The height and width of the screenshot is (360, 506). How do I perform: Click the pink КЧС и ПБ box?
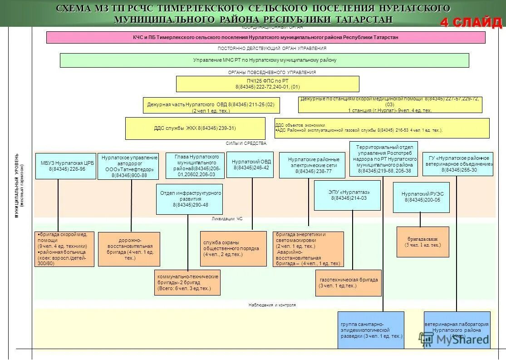pos(265,37)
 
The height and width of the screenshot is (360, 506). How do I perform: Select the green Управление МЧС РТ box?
pos(264,60)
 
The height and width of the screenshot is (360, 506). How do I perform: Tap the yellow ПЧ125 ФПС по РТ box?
pos(267,84)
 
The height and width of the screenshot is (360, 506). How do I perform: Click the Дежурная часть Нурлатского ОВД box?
pos(211,105)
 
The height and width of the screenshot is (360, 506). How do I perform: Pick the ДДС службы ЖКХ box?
pos(195,128)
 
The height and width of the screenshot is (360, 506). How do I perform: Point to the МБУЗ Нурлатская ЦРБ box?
pos(65,166)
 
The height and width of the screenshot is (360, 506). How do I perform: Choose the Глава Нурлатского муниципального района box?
pos(195,166)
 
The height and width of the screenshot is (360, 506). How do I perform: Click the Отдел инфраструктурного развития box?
pos(189,199)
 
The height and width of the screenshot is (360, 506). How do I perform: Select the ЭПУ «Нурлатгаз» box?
pos(347,195)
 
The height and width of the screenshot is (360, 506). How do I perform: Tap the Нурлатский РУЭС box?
pos(421,197)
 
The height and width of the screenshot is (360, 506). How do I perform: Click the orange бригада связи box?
pos(422,242)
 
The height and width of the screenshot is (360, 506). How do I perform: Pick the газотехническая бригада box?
pos(348,283)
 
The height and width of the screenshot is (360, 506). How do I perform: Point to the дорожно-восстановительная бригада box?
pos(129,249)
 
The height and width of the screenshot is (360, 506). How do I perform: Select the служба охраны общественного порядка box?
pos(233,248)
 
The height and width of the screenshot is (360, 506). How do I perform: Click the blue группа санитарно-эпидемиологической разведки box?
pos(371,330)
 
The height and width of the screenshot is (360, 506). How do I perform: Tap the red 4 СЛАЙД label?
pos(471,22)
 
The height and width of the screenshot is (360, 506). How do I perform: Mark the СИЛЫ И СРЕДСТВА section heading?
pos(246,143)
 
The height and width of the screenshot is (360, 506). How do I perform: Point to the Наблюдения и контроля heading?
pos(272,305)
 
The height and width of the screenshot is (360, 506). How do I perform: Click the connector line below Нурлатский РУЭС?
pos(420,219)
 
